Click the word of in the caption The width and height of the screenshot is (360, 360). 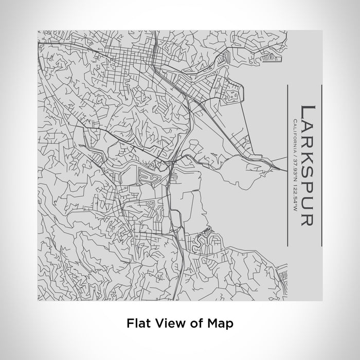pos(195,323)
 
